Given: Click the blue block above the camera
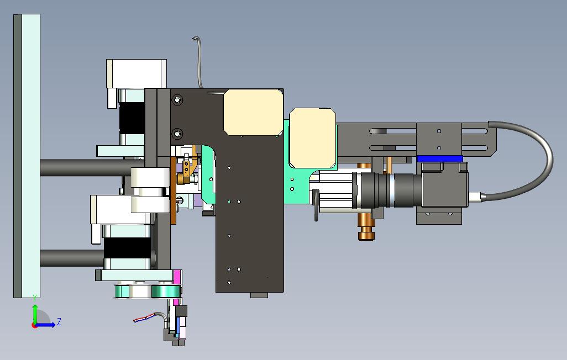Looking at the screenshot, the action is pos(440,158).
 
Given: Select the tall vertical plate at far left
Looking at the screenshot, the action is pos(27,156).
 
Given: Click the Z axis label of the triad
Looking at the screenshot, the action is pos(59,321).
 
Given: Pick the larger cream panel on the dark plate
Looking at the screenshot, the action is pos(253,113).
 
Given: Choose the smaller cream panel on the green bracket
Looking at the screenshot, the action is pos(313,138).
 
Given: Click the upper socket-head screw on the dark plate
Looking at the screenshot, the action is pos(177,99).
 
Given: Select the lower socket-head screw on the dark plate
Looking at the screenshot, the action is pos(177,134).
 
